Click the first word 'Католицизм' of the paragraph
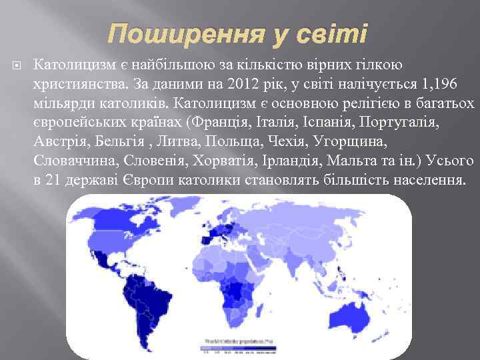(x=73, y=65)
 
